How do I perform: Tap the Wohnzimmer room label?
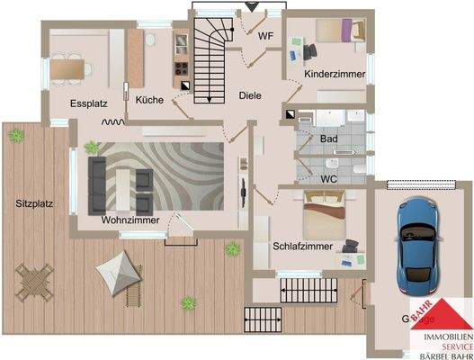[130, 220]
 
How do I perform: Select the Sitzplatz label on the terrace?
[34, 203]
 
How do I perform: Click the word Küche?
[149, 100]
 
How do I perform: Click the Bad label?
[329, 139]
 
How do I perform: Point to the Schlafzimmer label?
[302, 246]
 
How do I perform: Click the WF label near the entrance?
[266, 36]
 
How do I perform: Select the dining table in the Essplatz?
[70, 66]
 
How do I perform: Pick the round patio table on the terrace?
[35, 279]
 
